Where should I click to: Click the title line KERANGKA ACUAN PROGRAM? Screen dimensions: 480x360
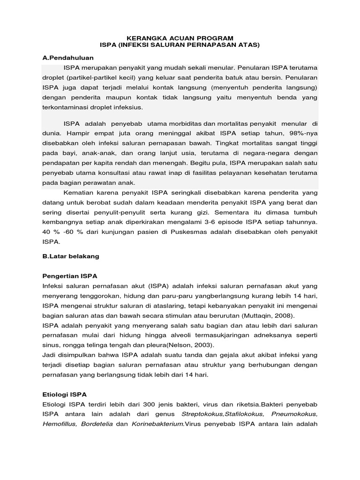click(x=180, y=37)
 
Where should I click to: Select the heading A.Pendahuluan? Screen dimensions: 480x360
click(x=68, y=58)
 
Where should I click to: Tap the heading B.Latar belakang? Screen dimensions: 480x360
click(x=70, y=257)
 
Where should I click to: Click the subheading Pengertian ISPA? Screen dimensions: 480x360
click(x=69, y=277)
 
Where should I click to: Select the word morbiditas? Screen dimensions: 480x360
click(x=182, y=123)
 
